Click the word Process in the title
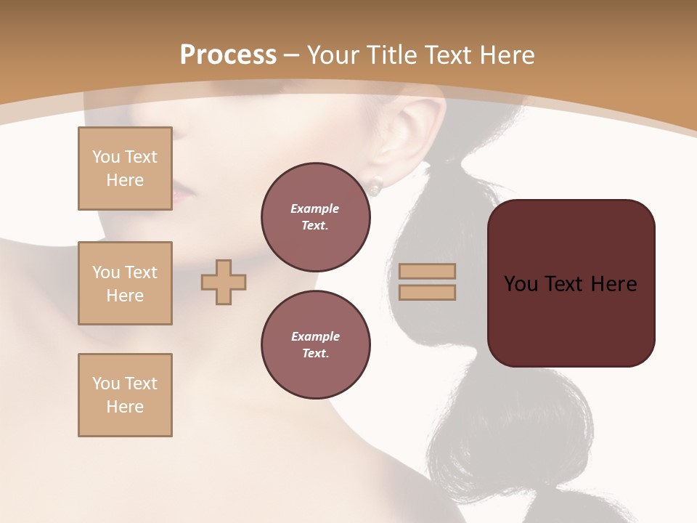tap(228, 54)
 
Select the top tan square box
tap(125, 169)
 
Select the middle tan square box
tap(125, 283)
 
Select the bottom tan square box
tap(125, 394)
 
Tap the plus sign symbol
tap(224, 282)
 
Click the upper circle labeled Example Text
tap(315, 216)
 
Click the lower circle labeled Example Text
tap(315, 344)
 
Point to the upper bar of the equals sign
tap(427, 271)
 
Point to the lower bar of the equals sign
tap(427, 292)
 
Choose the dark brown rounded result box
tap(571, 283)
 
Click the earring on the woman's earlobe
tap(375, 188)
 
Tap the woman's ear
tap(410, 138)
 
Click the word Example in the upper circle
tap(315, 208)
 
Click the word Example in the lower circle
tap(315, 336)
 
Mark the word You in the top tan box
tap(106, 157)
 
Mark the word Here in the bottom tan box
tap(125, 407)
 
